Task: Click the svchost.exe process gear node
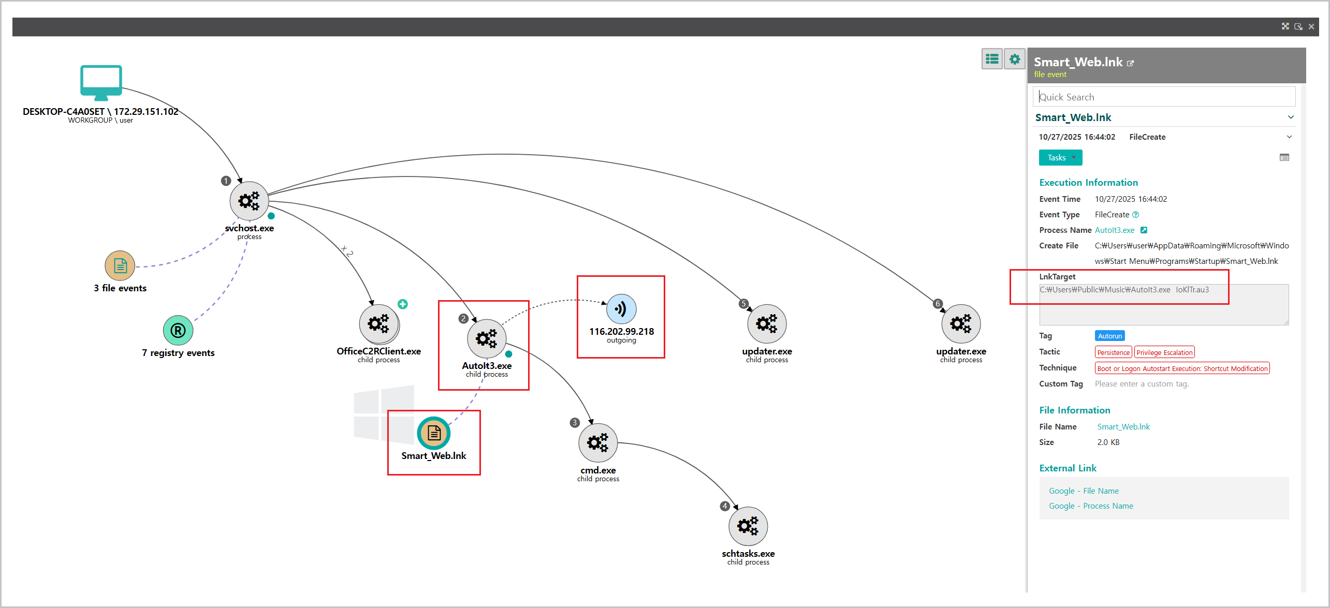pos(249,201)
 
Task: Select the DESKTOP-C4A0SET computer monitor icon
pos(101,82)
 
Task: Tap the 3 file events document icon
pos(120,266)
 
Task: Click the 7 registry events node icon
pos(178,330)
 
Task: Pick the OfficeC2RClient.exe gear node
pos(378,324)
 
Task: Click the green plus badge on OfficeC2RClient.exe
pos(403,304)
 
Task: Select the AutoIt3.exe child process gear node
pos(486,339)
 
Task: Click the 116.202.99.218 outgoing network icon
pos(621,309)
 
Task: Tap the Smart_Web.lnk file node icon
pos(434,433)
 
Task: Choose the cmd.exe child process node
pos(598,443)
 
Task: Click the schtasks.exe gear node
pos(748,526)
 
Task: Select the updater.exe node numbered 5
pos(767,324)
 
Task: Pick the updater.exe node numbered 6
pos(961,324)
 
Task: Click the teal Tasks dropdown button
pos(1060,158)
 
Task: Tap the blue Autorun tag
pos(1109,336)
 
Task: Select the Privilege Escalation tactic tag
pos(1164,352)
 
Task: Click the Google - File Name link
pos(1084,491)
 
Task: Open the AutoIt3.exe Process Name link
pos(1114,230)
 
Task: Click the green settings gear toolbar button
pos(1015,60)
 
